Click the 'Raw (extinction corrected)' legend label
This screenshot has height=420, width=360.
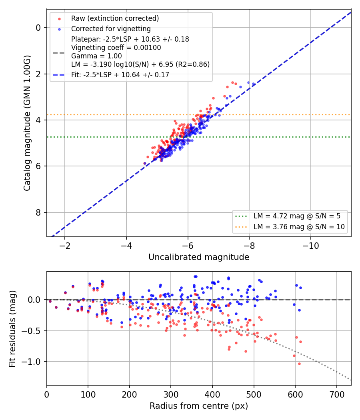(115, 18)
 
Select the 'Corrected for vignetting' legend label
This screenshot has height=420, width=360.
(111, 29)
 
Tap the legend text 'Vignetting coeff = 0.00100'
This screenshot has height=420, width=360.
(116, 48)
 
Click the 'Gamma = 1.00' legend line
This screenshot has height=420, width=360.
(96, 56)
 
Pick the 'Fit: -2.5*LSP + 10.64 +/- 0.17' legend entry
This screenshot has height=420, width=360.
(120, 75)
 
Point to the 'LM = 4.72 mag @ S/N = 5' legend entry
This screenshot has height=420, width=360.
(297, 216)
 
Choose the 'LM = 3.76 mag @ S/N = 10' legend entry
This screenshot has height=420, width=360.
(299, 227)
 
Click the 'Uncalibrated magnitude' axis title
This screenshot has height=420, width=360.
(199, 257)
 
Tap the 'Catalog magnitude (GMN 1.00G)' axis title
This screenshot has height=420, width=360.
(27, 123)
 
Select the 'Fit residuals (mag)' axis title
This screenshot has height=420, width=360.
(12, 329)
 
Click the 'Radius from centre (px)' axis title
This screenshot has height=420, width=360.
(199, 406)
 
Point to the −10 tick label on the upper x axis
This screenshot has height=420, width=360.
(311, 246)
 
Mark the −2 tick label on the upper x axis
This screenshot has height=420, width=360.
(64, 246)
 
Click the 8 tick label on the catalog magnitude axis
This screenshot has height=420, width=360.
(38, 212)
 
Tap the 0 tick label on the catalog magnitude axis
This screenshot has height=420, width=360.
(38, 28)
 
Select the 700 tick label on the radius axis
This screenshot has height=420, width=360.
(336, 394)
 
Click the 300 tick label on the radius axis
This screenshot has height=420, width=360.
(171, 394)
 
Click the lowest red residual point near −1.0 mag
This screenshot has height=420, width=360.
(299, 364)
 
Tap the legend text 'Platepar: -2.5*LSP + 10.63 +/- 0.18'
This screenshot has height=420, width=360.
(130, 39)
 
